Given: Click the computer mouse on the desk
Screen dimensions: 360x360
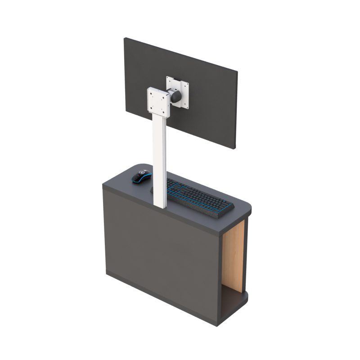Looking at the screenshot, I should pos(141,176).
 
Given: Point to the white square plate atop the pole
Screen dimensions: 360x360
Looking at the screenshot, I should pos(158,101).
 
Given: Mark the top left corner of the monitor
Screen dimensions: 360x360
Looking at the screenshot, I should pos(125,39).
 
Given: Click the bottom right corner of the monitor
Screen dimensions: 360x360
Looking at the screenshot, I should pos(235,148).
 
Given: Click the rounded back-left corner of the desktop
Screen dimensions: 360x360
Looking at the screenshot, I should pos(137,166).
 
